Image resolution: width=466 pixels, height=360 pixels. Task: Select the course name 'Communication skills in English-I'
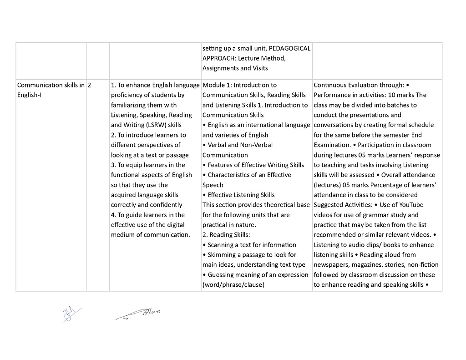pos(51,90)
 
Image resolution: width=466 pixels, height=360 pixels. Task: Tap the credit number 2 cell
pos(90,85)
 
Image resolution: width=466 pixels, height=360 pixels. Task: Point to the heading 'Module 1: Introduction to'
pos(239,85)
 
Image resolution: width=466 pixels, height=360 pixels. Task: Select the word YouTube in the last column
pos(411,205)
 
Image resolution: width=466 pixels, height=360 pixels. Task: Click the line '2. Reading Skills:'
pos(226,235)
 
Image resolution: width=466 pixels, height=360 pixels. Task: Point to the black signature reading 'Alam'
pos(139,314)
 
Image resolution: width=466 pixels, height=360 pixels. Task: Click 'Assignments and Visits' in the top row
pos(235,68)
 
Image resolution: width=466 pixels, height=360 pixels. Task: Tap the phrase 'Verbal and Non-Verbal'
pos(238,145)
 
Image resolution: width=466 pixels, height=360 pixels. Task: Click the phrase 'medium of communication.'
pos(150,235)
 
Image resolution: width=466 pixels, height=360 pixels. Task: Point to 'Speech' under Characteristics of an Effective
pos(213,185)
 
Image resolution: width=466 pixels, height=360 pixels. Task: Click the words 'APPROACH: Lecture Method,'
pos(244,58)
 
